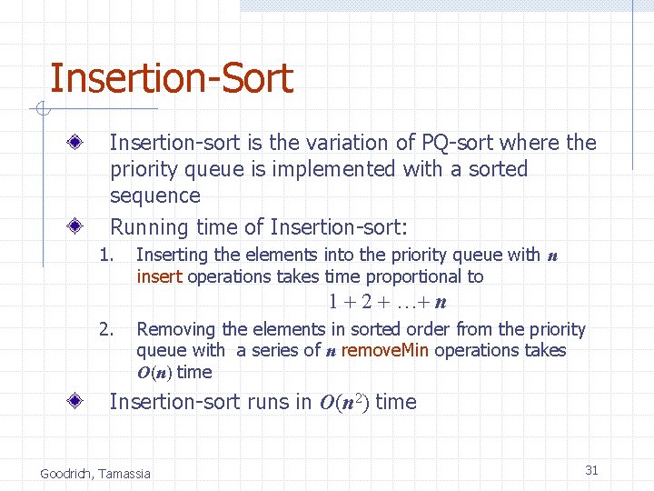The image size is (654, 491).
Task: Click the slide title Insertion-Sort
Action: [171, 78]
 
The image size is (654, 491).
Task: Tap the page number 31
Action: [591, 470]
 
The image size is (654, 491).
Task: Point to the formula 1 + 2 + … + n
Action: [392, 302]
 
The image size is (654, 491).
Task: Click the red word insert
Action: [160, 276]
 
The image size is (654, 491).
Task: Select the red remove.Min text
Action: [381, 350]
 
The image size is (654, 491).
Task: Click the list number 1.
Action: [106, 256]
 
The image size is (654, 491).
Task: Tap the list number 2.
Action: [106, 329]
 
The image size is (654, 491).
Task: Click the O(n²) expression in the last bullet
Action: [344, 402]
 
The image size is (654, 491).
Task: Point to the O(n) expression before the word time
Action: [154, 373]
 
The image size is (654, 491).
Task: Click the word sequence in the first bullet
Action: [154, 195]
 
